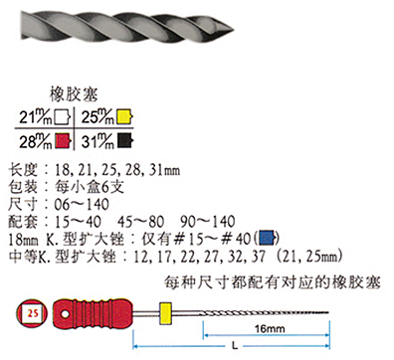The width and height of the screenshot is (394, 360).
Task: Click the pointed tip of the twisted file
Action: (x=234, y=31)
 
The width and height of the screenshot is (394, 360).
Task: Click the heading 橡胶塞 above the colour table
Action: (x=74, y=94)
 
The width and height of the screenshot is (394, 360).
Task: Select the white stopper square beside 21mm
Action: (x=63, y=117)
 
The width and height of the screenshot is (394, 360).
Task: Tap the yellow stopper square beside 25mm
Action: (x=124, y=116)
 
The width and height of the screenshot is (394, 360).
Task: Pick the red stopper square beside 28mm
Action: (x=64, y=141)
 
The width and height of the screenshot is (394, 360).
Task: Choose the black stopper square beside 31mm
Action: (x=125, y=140)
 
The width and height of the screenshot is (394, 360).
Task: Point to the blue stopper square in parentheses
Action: (x=267, y=238)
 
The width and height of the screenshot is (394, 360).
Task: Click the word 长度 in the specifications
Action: (x=22, y=170)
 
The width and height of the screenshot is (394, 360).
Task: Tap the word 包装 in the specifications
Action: (x=22, y=187)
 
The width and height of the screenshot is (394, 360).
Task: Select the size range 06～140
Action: (x=82, y=204)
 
